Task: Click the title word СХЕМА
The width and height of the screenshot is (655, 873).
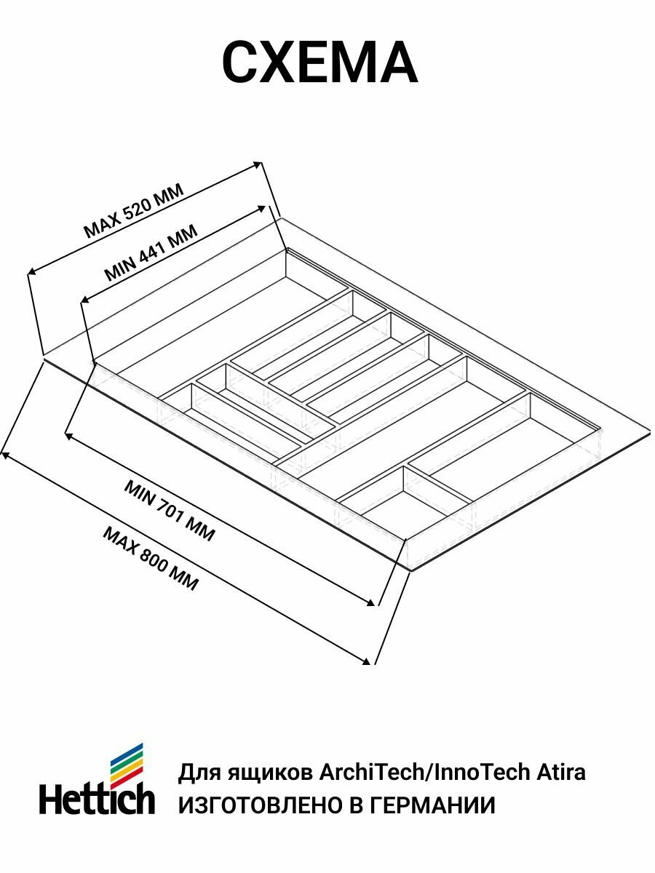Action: [x=319, y=64]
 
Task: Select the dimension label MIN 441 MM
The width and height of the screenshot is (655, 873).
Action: [x=151, y=253]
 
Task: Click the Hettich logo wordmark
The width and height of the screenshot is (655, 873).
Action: [x=97, y=798]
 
